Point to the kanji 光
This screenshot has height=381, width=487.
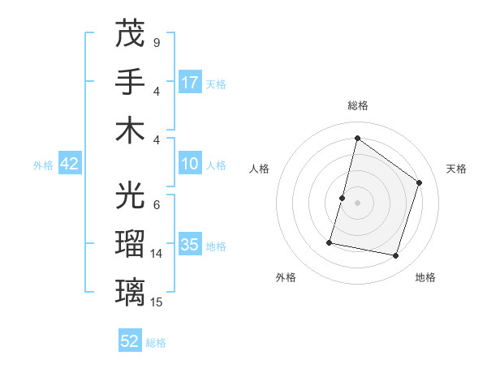pos(130,195)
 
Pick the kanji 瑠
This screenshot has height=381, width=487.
pos(130,243)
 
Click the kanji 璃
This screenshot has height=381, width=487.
pos(130,292)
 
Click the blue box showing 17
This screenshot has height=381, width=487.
pos(190,83)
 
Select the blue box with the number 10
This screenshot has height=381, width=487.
pos(190,165)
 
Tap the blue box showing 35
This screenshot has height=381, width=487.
pos(190,246)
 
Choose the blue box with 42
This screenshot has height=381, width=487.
pos(70,165)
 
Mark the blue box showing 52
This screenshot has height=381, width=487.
pos(130,341)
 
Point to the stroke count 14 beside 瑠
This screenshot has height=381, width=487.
pos(157,253)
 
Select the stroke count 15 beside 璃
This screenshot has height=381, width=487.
pos(157,302)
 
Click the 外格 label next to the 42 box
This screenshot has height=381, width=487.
pos(43,165)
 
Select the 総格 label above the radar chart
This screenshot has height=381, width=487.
pos(357,105)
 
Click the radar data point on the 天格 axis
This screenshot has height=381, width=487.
pos(420,183)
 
